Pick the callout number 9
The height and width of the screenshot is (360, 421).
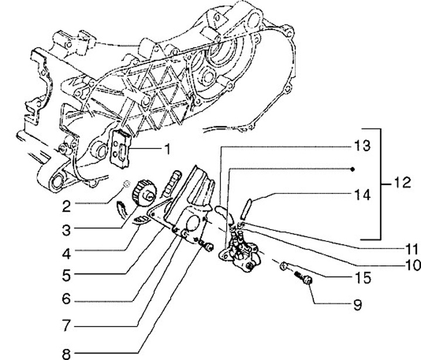[357, 304]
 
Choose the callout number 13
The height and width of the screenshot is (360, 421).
[362, 146]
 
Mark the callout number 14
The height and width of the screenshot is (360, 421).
[362, 195]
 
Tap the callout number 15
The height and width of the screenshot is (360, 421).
[362, 278]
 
